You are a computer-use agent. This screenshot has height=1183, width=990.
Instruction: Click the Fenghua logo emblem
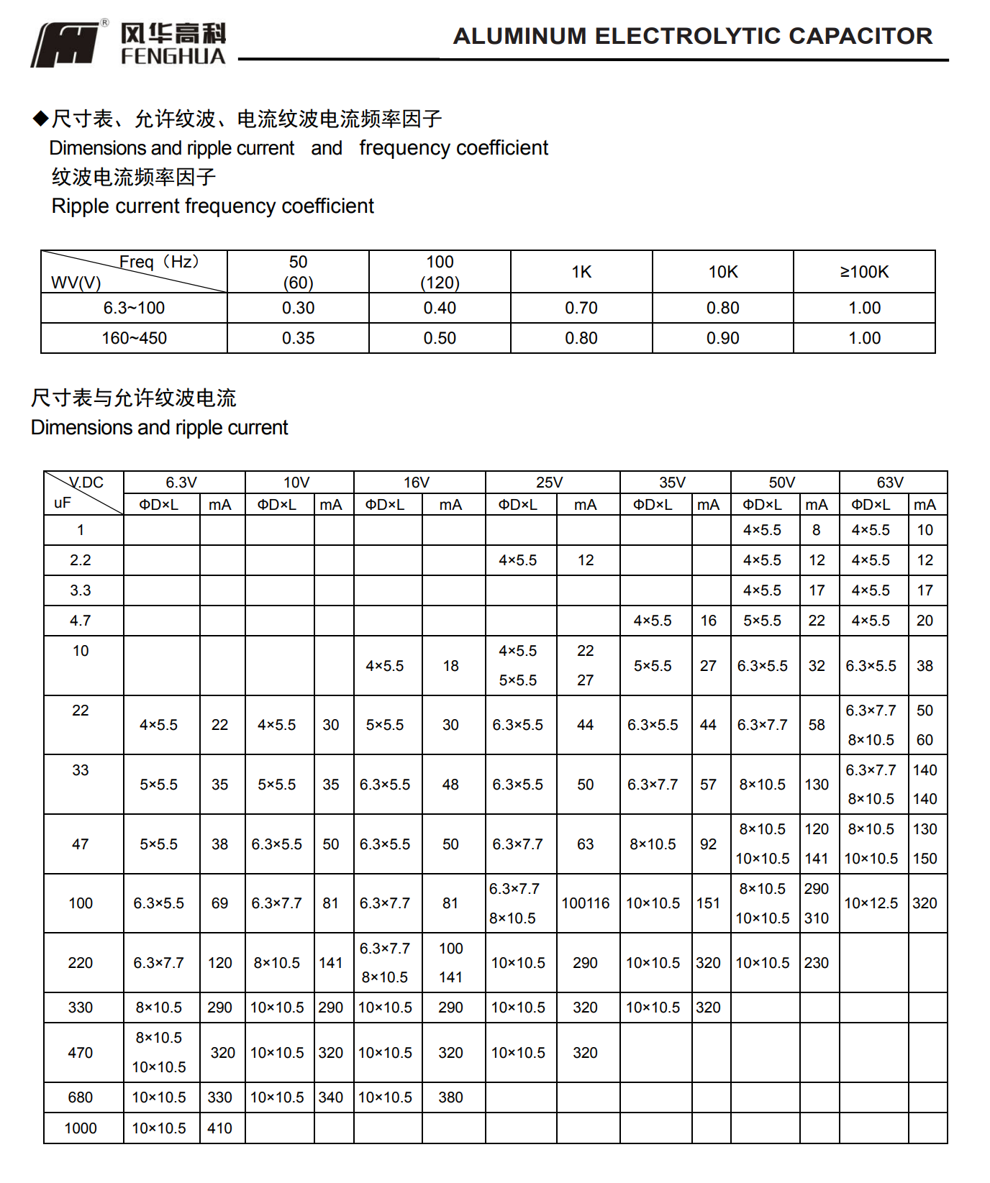pyautogui.click(x=66, y=45)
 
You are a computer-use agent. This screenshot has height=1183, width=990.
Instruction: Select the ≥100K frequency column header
pyautogui.click(x=864, y=272)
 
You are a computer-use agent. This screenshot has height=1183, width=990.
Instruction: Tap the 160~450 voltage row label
pyautogui.click(x=134, y=338)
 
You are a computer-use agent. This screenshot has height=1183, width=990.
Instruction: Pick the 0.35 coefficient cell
pyautogui.click(x=298, y=338)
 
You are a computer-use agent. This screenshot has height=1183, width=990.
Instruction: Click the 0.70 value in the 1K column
pyautogui.click(x=581, y=308)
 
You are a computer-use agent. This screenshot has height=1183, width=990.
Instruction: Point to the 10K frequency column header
pyautogui.click(x=723, y=272)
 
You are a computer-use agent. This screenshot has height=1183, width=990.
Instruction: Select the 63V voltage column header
pyautogui.click(x=890, y=482)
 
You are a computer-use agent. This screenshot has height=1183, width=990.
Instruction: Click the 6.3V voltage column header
pyautogui.click(x=181, y=482)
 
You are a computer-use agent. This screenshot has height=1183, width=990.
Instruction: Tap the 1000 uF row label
pyautogui.click(x=81, y=1128)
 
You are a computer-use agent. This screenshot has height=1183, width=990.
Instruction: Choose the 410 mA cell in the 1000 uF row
pyautogui.click(x=219, y=1128)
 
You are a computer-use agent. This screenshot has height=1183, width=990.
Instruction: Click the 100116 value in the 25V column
pyautogui.click(x=586, y=903)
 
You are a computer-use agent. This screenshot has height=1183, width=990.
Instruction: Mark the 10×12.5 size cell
pyautogui.click(x=871, y=903)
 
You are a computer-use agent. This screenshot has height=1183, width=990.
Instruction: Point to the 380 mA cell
pyautogui.click(x=450, y=1097)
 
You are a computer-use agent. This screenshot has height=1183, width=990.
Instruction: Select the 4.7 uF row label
pyautogui.click(x=81, y=621)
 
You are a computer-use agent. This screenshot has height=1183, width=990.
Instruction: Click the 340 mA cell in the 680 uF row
pyautogui.click(x=331, y=1097)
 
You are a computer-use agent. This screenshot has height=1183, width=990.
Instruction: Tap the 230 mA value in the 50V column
pyautogui.click(x=817, y=963)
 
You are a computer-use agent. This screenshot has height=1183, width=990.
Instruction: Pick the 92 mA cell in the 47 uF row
pyautogui.click(x=708, y=844)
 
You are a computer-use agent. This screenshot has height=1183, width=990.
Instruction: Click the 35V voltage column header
pyautogui.click(x=673, y=482)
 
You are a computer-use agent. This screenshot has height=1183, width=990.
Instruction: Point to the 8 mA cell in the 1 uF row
pyautogui.click(x=817, y=530)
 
